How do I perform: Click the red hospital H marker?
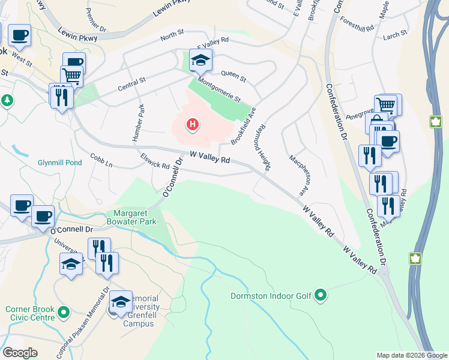[x=192, y=125]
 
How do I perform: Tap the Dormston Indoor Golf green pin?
[x=321, y=295]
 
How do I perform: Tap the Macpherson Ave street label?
[x=301, y=175]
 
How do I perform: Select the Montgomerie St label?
[x=218, y=91]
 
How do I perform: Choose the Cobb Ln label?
[x=101, y=160]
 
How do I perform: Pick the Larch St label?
[x=395, y=35]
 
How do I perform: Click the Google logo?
[x=20, y=353]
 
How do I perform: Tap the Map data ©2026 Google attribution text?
[x=411, y=355]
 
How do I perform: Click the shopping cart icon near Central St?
[x=71, y=76]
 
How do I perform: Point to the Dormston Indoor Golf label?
[x=271, y=295]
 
